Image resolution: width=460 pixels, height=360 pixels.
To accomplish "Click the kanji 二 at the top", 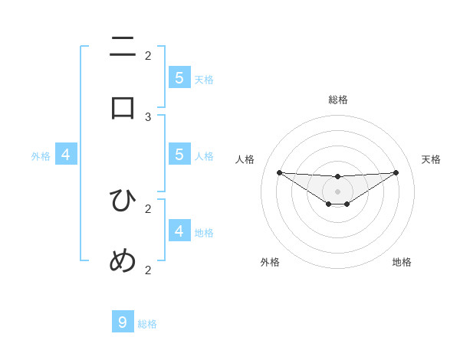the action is (123, 47).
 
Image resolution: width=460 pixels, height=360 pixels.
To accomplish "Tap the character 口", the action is (123, 107).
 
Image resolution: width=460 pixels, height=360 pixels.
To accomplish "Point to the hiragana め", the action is (123, 261).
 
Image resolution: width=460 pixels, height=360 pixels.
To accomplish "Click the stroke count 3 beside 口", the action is (148, 116).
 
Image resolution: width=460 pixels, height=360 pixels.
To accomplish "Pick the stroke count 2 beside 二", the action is (148, 55).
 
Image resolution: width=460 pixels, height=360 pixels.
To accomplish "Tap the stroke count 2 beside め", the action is (148, 270).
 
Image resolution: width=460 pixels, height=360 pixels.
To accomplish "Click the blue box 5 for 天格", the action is (179, 77).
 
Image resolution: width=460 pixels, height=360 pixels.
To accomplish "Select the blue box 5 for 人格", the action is (179, 155).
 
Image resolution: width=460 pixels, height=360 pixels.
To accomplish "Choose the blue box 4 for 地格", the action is (179, 231).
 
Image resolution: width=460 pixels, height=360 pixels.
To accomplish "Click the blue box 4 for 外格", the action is (66, 155).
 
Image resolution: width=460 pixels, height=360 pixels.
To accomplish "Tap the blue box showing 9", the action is (123, 322).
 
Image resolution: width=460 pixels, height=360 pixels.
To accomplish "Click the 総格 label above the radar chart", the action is (338, 100).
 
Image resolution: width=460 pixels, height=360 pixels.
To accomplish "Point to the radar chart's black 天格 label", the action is (431, 159).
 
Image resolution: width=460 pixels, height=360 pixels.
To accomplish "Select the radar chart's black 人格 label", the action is (245, 159).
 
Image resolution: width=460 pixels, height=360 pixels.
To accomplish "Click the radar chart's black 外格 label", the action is (270, 262).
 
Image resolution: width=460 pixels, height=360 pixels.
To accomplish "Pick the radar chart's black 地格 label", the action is (402, 262).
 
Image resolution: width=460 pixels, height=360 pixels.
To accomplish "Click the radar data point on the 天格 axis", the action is (396, 172).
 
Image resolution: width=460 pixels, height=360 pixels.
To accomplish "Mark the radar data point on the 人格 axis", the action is (279, 172).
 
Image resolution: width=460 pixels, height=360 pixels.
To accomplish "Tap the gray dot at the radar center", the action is (337, 191).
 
